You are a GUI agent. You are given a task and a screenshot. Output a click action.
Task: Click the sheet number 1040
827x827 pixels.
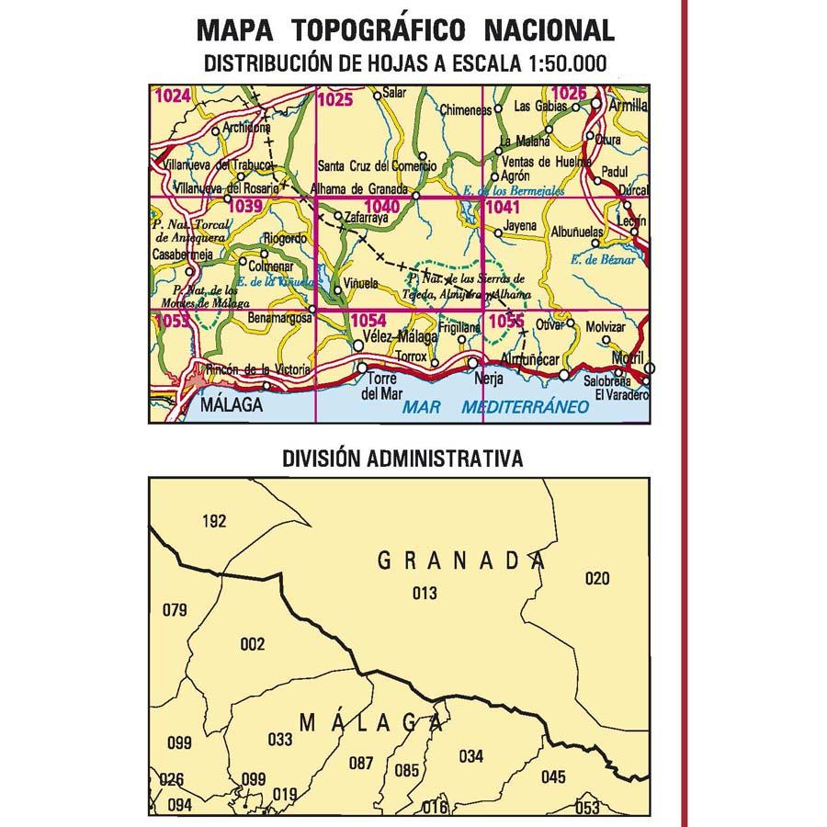click(x=380, y=208)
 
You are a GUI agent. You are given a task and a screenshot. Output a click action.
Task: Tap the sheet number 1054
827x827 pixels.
click(x=368, y=321)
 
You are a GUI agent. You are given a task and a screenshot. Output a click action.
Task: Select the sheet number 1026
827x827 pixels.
click(x=569, y=93)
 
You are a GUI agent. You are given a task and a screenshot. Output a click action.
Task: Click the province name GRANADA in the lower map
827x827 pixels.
click(x=456, y=560)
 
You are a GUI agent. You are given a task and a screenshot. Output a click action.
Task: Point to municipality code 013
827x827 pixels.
click(x=425, y=593)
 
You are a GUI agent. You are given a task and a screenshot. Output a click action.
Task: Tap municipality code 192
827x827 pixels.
click(x=213, y=521)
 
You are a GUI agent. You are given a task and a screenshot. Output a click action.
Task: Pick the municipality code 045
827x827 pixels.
click(x=553, y=777)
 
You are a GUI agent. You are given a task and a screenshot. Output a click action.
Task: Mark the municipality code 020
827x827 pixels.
click(x=597, y=577)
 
